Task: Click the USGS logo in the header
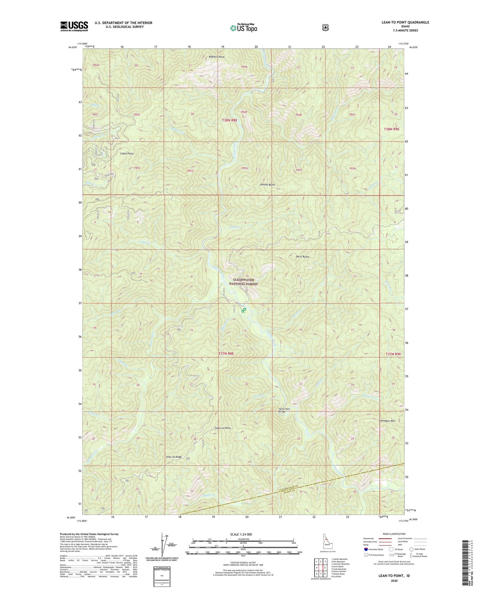pos(74,26)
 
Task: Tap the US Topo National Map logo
pos(243,28)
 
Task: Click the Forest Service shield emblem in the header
pos(325,28)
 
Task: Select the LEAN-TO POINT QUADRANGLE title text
pos(405,22)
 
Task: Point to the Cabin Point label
pos(126,154)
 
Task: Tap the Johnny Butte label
pos(267,185)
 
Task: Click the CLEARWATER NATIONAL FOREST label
pos(243,282)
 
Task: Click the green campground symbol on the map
pos(244,310)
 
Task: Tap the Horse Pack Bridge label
pos(284,410)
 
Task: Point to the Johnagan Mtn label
pos(387,421)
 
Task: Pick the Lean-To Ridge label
pos(174,457)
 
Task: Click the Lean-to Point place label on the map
pos(223,428)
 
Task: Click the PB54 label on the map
pos(245,168)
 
